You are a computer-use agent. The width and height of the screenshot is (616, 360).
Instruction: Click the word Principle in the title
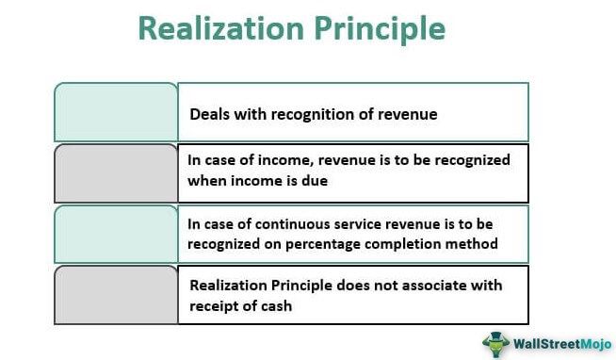(374, 28)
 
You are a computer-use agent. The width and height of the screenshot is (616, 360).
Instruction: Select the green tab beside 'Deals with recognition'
(116, 112)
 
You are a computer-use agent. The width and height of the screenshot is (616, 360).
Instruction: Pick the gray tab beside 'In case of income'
(116, 172)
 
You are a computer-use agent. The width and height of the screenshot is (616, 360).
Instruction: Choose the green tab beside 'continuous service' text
(116, 234)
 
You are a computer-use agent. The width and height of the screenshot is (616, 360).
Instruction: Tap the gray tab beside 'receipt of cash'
(116, 294)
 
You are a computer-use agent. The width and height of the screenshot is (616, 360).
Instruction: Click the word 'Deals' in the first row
(209, 114)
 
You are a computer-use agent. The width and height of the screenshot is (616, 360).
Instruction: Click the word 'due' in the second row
(316, 181)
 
